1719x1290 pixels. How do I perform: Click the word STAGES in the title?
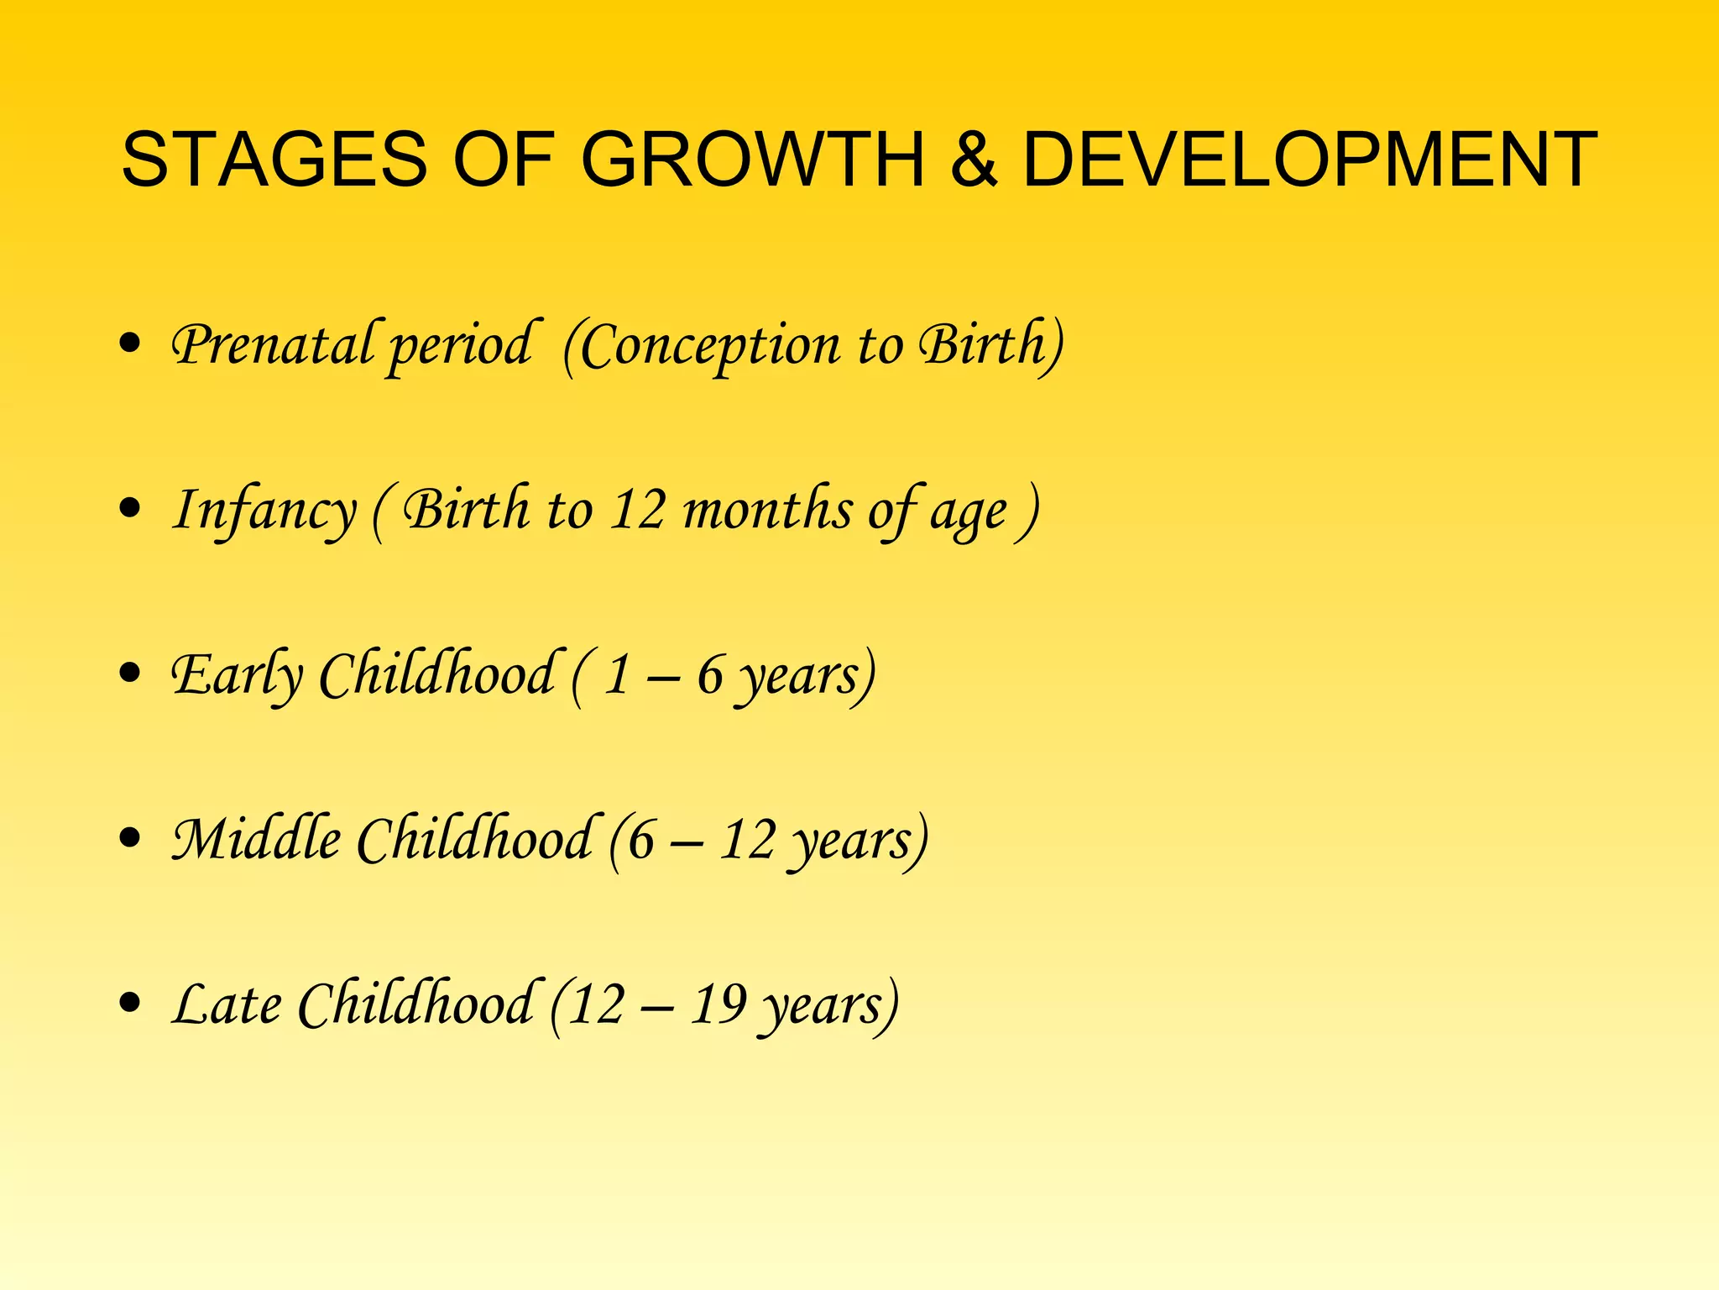pyautogui.click(x=274, y=160)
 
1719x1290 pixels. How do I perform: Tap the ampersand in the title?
pyautogui.click(x=974, y=160)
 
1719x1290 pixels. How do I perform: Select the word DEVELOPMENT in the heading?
pyautogui.click(x=1309, y=160)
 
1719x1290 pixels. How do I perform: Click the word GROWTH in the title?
pyautogui.click(x=752, y=160)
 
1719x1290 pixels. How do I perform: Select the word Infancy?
pyautogui.click(x=264, y=511)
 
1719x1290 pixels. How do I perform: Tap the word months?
pyautogui.click(x=767, y=509)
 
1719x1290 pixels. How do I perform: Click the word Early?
pyautogui.click(x=237, y=675)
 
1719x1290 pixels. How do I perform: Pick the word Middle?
pyautogui.click(x=256, y=839)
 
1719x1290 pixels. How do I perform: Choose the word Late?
pyautogui.click(x=227, y=1004)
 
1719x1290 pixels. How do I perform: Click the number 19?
pyautogui.click(x=718, y=1004)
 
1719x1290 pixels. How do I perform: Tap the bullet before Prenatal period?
pyautogui.click(x=129, y=343)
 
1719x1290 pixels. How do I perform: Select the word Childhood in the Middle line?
pyautogui.click(x=475, y=839)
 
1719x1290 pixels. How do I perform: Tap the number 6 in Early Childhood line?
pyautogui.click(x=710, y=674)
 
